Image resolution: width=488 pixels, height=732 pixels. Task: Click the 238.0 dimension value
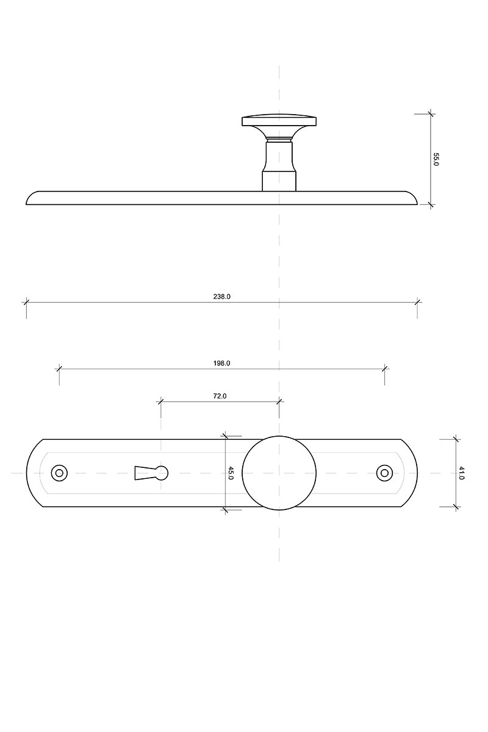coord(221,296)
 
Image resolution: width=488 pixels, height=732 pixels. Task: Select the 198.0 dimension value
coord(221,363)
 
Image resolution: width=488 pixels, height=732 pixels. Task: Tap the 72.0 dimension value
coord(220,396)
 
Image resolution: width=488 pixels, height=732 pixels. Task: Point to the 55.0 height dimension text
coord(436,159)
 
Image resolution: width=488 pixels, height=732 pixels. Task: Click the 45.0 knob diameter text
coord(231,473)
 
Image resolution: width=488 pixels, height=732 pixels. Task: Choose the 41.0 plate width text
coord(461,473)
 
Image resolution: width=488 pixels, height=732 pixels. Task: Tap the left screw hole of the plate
coord(59,473)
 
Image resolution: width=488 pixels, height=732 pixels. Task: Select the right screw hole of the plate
coord(384,473)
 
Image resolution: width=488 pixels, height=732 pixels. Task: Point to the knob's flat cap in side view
coord(279,120)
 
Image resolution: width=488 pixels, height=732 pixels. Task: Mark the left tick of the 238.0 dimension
coord(26,303)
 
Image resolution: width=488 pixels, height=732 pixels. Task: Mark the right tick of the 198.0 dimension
coord(384,368)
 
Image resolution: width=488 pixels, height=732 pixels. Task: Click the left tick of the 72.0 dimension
coord(160,401)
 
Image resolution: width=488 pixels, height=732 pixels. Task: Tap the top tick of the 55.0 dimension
coord(430,114)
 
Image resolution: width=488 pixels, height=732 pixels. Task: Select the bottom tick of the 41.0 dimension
coord(456,507)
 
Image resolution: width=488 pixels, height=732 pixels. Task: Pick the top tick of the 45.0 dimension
coord(225,436)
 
